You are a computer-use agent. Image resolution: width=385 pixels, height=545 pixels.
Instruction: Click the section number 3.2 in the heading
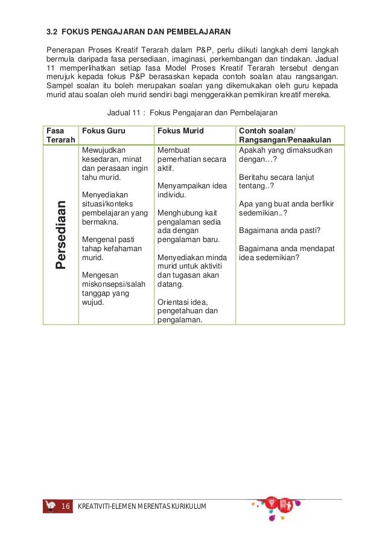pos(52,30)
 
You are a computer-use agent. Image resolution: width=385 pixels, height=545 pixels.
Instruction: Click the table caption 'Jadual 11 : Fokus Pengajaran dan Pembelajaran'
pos(191,113)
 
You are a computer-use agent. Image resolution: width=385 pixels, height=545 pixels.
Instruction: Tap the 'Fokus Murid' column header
pos(180,131)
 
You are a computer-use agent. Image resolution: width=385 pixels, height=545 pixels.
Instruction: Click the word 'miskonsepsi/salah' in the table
pos(113,284)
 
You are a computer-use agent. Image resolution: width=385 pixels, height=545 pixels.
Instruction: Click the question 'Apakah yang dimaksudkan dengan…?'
pos(285,155)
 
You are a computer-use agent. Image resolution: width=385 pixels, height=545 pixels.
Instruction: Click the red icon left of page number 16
pos(50,505)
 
